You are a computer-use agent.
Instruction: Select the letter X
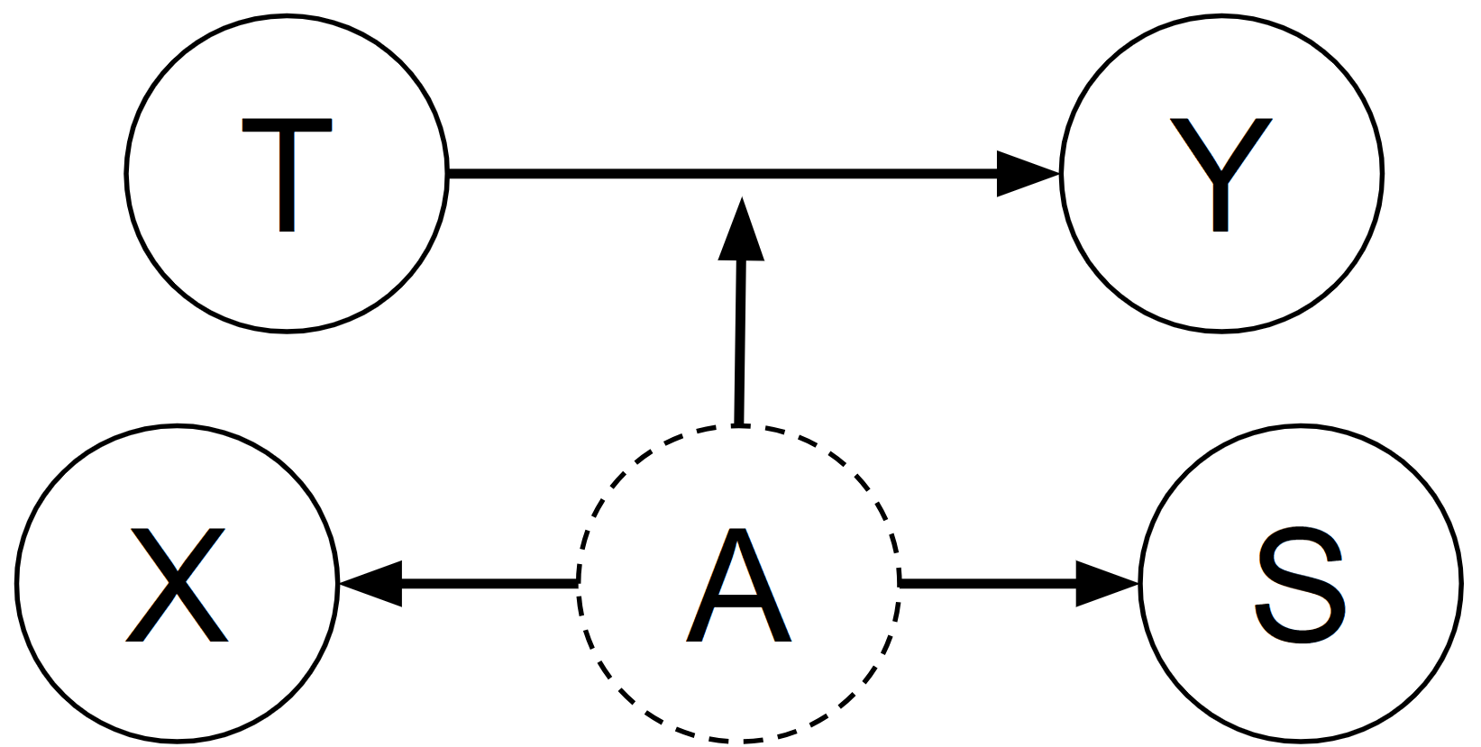click(177, 585)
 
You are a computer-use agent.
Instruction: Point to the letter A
click(738, 586)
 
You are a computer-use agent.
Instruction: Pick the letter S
click(1300, 585)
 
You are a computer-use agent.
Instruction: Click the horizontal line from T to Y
click(721, 174)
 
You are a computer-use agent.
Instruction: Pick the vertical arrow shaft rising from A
click(739, 342)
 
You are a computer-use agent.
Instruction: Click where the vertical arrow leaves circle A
click(738, 424)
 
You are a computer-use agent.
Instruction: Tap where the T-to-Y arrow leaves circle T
click(449, 174)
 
